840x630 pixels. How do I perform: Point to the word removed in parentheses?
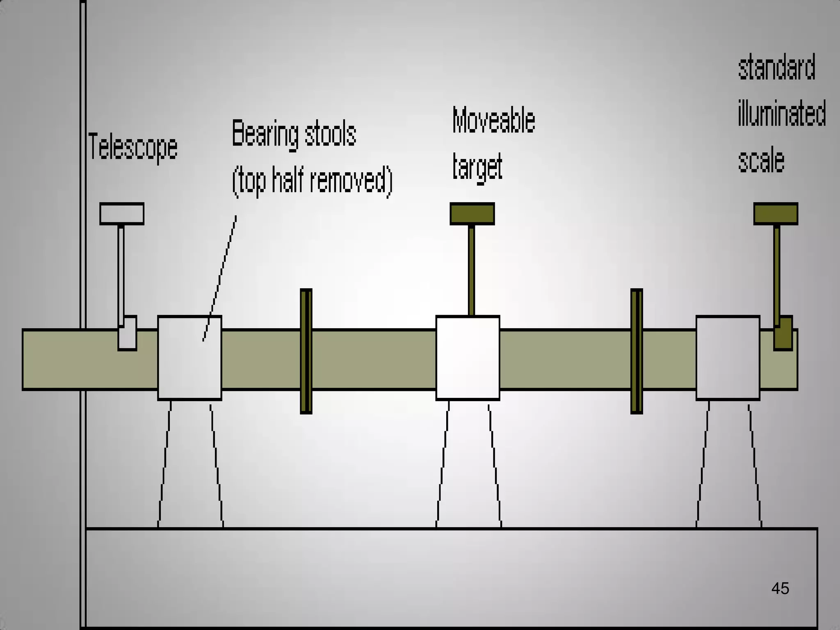pos(348,180)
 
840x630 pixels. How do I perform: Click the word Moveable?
pos(493,120)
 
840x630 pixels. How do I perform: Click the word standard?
pos(776,67)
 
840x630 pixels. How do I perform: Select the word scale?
pos(761,160)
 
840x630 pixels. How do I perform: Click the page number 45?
pos(780,589)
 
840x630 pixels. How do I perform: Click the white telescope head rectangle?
pos(122,214)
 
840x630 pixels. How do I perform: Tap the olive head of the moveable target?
pos(472,214)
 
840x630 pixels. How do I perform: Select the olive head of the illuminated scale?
pos(776,214)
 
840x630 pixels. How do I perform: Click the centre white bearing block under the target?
pos(468,358)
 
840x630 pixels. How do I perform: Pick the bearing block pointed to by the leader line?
pos(189,358)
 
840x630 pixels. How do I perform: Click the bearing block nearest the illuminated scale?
pos(728,358)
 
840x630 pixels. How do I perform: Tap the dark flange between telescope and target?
pos(306,351)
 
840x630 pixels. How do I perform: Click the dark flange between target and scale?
pos(637,351)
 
